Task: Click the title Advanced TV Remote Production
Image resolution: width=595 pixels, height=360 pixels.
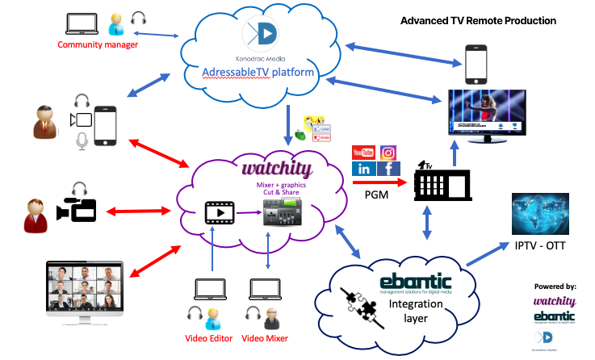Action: pyautogui.click(x=479, y=19)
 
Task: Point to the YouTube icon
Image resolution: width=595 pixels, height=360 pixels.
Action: pyautogui.click(x=364, y=153)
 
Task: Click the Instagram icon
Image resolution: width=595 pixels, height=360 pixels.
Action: pyautogui.click(x=388, y=153)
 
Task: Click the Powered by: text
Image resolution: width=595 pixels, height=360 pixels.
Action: pyautogui.click(x=555, y=287)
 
